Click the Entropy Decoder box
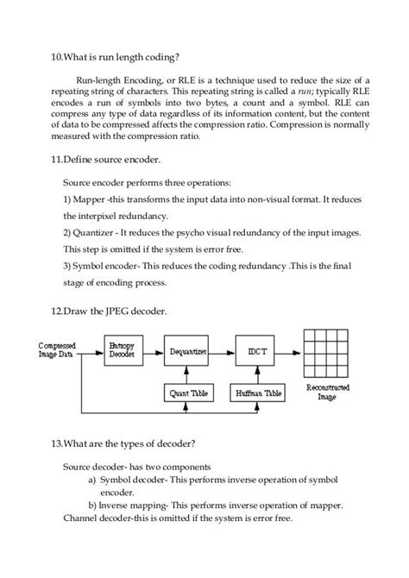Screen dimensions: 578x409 point(121,351)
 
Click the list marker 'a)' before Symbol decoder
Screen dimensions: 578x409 point(93,480)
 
